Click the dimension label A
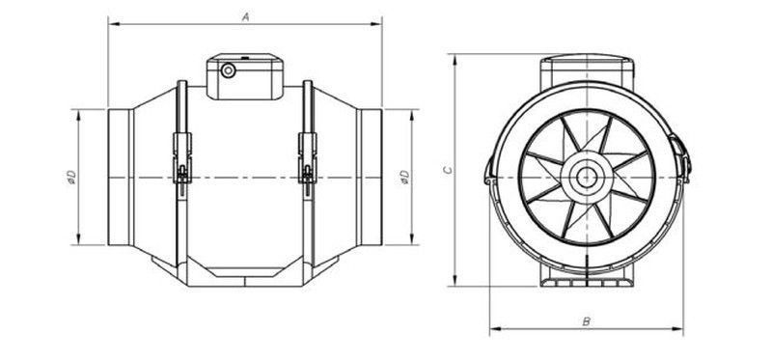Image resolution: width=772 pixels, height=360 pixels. click(246, 16)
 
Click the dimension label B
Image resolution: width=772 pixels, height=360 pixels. click(586, 322)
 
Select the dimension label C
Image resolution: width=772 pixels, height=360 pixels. click(447, 170)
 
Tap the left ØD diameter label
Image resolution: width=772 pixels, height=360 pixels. click(71, 178)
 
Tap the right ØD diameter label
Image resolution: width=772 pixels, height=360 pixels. click(404, 178)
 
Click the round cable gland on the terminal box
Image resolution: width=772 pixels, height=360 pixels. click(228, 70)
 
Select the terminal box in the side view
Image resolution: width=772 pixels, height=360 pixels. click(245, 76)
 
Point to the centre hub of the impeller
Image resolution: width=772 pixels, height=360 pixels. click(586, 178)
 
